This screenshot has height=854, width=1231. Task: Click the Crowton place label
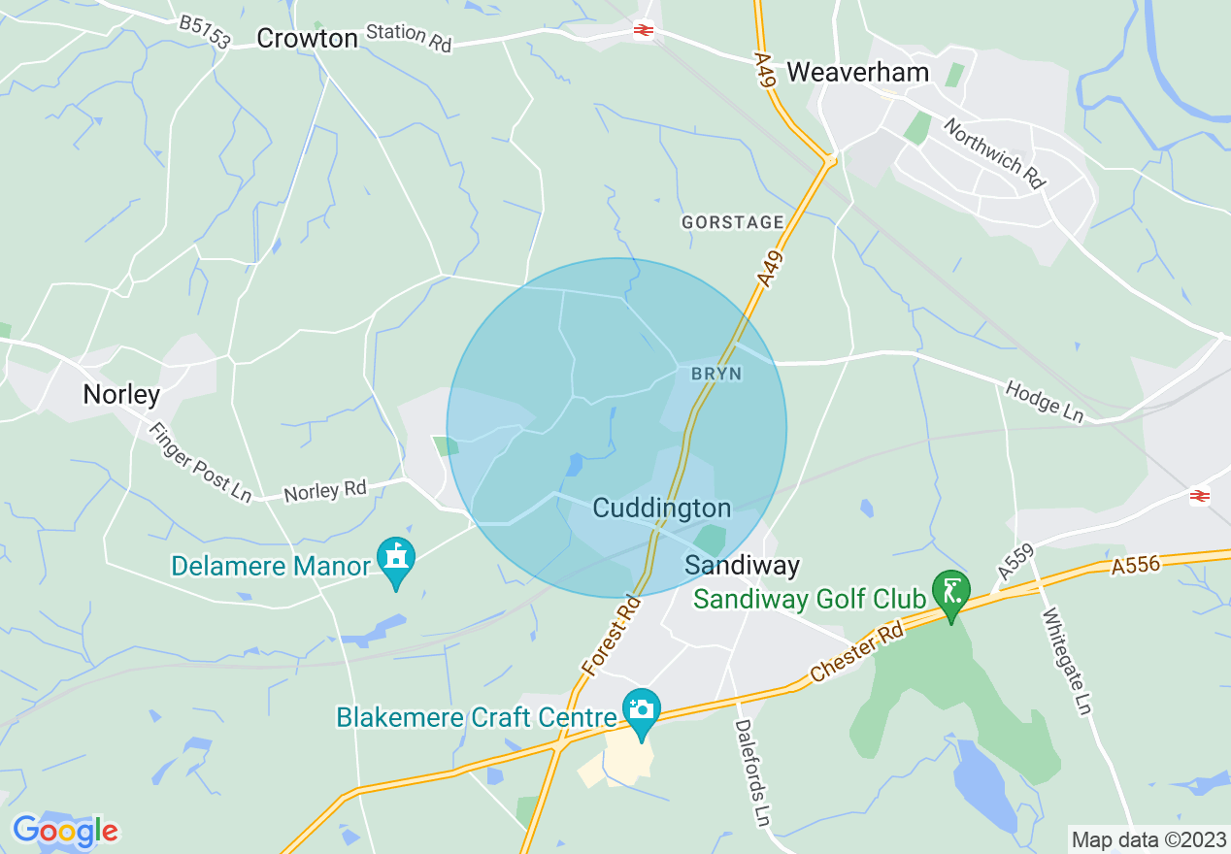[x=307, y=38]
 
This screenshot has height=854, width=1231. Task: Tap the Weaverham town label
[x=857, y=71]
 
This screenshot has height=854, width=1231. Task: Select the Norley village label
[x=121, y=394]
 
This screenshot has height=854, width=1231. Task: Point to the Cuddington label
[x=661, y=508]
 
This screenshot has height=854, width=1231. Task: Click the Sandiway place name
[x=743, y=565]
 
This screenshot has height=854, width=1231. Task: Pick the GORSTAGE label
[x=732, y=222]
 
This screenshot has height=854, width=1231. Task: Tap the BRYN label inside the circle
[x=716, y=374]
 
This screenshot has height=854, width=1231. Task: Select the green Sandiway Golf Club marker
[x=950, y=591]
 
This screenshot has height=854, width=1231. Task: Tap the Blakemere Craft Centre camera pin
[x=641, y=709]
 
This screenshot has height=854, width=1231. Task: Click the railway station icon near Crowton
[x=643, y=30]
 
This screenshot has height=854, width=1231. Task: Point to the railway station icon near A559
[x=1200, y=496]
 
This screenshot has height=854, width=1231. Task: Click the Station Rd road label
[x=409, y=37]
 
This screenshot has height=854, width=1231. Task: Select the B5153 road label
[x=205, y=32]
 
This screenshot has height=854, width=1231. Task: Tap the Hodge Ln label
[x=1045, y=402]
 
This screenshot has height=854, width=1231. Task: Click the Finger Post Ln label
[x=199, y=460]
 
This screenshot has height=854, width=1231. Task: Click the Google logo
[x=65, y=831]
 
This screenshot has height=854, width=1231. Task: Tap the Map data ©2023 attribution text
[x=1148, y=838]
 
